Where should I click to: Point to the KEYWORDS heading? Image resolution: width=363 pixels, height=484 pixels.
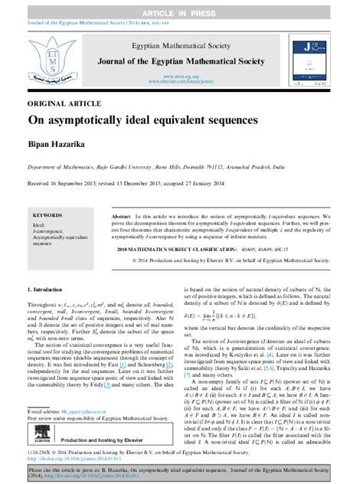[x=47, y=217]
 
